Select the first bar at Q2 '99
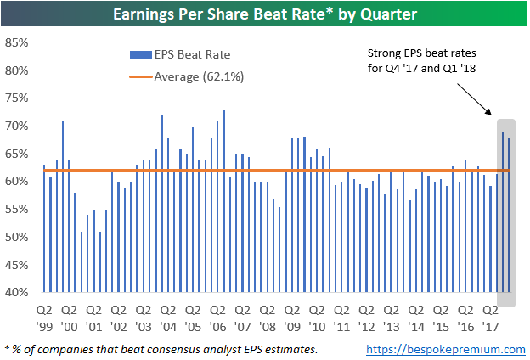44,228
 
